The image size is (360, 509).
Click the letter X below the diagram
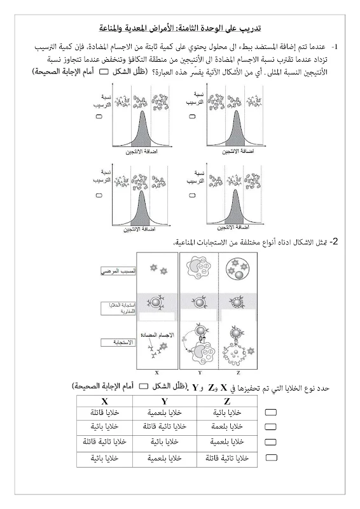156,373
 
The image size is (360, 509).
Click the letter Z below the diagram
236,373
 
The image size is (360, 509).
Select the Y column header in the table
164,401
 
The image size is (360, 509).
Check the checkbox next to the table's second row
270,427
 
